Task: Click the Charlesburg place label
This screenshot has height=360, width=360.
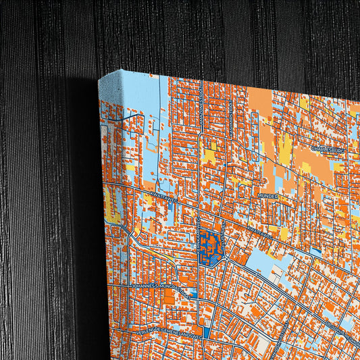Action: (x=328, y=150)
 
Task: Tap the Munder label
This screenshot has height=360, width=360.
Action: (x=268, y=195)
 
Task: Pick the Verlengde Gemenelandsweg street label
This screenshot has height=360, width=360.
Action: (x=172, y=332)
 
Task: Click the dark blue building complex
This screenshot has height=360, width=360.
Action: (x=211, y=245)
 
